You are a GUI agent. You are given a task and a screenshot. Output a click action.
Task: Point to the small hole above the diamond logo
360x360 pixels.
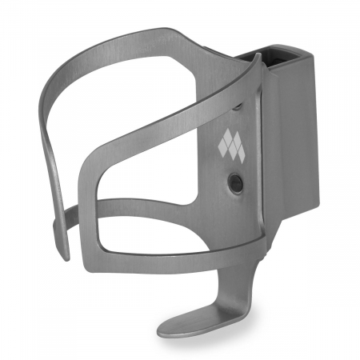(238, 105)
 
